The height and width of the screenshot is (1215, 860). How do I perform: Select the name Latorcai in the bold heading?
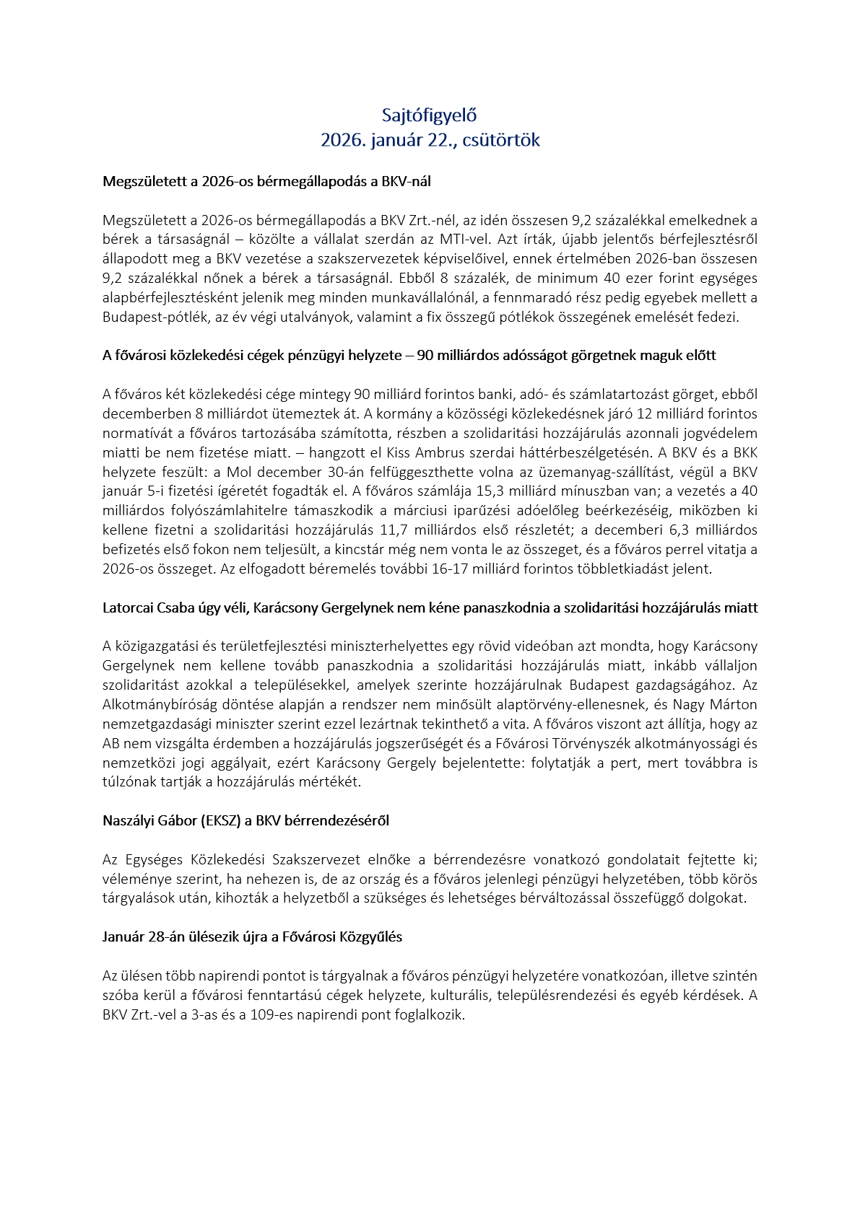(127, 607)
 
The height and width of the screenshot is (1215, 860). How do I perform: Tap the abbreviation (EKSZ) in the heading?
(223, 820)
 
